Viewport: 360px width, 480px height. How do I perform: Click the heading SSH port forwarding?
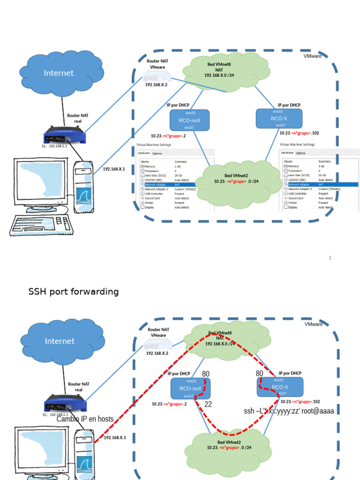click(x=74, y=292)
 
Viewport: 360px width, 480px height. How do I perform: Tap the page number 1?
click(x=330, y=258)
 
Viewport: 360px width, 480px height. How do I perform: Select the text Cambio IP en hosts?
click(x=85, y=419)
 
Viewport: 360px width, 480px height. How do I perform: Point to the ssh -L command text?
click(x=289, y=411)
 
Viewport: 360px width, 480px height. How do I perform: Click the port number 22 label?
click(x=208, y=404)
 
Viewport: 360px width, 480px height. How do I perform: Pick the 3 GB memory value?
click(x=322, y=166)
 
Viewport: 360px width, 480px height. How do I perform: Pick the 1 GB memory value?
click(x=178, y=166)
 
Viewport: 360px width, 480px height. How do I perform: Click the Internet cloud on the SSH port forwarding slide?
click(x=60, y=341)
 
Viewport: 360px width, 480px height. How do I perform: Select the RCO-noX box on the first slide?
click(x=189, y=120)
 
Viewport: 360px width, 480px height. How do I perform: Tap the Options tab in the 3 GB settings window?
click(x=300, y=153)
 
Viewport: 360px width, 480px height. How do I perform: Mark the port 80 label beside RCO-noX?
click(x=205, y=374)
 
